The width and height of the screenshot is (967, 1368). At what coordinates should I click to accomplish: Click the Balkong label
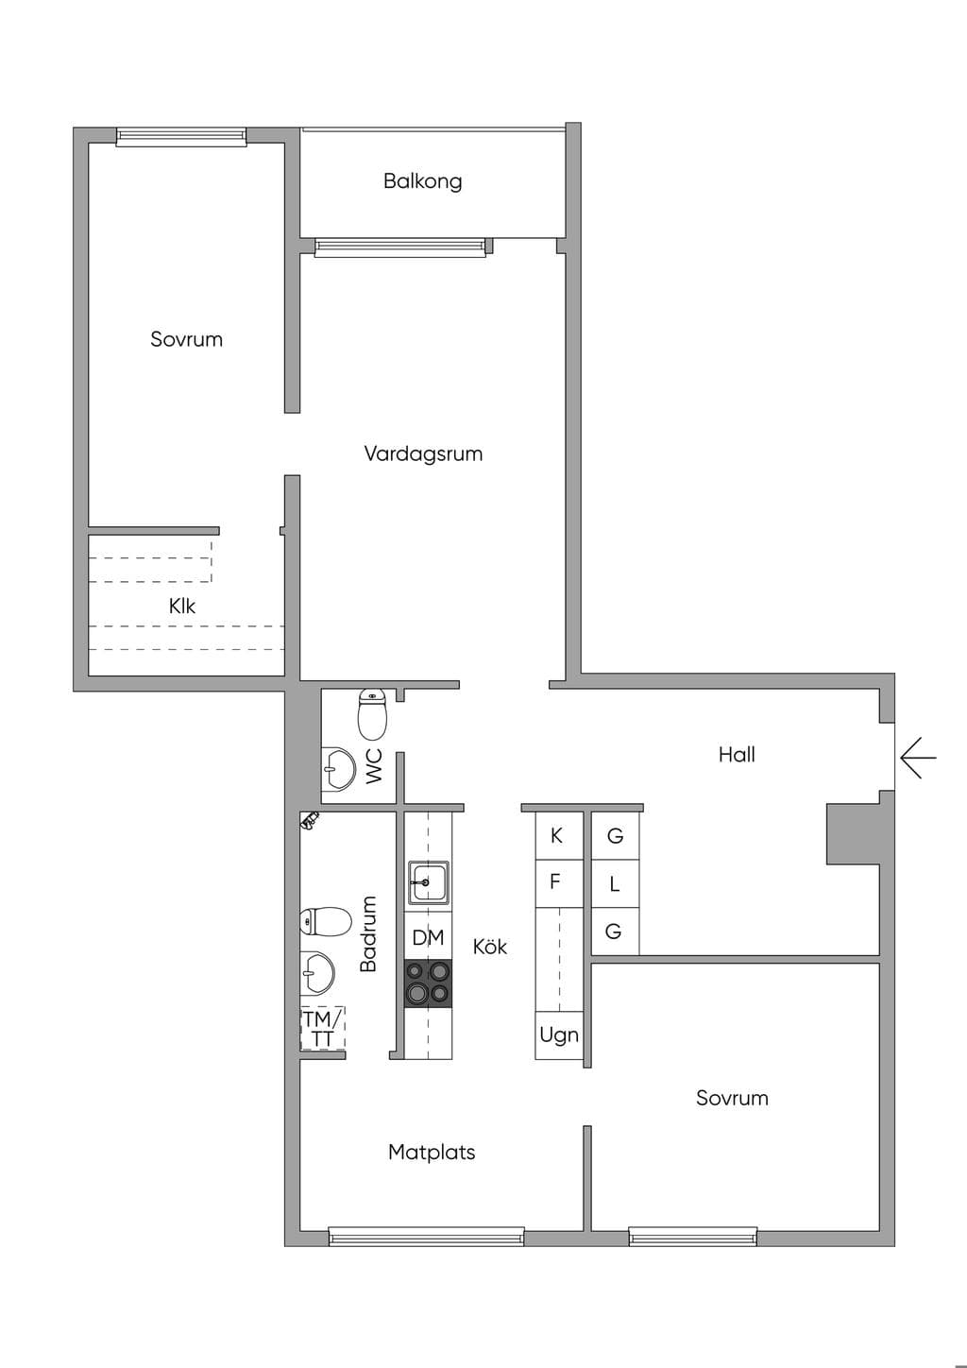pos(422,181)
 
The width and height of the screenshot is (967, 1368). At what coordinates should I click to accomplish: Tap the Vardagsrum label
pos(423,453)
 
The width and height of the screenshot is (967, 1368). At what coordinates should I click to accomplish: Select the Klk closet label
pos(182,606)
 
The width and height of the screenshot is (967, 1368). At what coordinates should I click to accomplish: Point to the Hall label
pos(737,754)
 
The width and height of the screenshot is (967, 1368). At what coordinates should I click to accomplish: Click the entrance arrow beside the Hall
pos(918,758)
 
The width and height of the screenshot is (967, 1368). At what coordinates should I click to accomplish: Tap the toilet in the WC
pos(372,714)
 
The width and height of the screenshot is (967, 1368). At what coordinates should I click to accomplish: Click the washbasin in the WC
pos(338,768)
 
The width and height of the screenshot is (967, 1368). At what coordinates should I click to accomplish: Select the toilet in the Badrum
pos(326,921)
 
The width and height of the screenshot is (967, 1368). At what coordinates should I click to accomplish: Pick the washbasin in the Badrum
pos(317,972)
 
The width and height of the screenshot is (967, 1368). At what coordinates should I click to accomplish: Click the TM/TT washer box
pos(322,1029)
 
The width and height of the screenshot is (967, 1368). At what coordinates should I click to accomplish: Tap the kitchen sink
pos(429,881)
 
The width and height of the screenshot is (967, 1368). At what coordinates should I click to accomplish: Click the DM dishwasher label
pos(428,937)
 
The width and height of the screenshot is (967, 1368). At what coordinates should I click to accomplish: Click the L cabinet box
pos(616,883)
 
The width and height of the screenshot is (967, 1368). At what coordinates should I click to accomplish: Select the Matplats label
pos(432,1152)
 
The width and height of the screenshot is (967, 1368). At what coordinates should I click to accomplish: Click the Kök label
pos(489,947)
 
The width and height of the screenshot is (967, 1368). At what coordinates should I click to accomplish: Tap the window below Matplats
pos(427,1237)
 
